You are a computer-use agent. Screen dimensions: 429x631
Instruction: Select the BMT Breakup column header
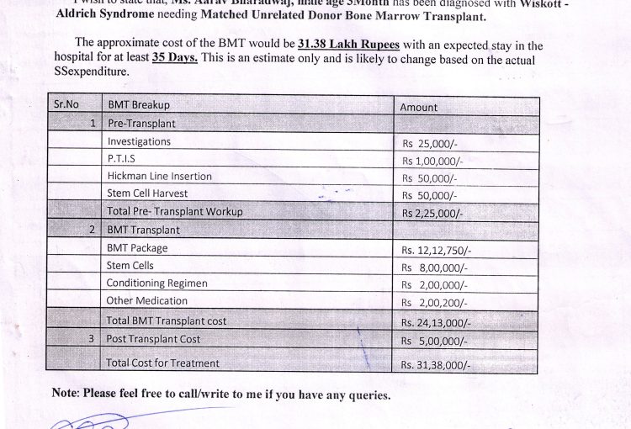[x=139, y=105]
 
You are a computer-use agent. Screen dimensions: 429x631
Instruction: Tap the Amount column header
[x=418, y=108]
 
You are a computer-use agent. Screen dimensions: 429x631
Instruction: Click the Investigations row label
[x=139, y=141]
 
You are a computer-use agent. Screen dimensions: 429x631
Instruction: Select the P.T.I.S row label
[x=122, y=159]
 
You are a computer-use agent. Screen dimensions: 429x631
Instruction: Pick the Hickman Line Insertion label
[x=159, y=177]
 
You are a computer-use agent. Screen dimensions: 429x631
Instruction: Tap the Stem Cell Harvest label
[x=147, y=193]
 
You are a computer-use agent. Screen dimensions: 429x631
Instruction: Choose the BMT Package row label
[x=137, y=247]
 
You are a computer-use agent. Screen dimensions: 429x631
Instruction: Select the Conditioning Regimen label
[x=156, y=283]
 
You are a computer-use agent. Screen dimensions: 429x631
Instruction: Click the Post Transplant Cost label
[x=153, y=338]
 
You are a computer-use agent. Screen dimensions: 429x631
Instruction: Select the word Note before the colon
[x=64, y=393]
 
